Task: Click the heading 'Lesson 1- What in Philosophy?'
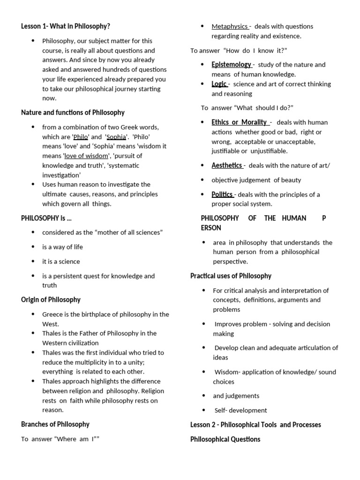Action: point(66,26)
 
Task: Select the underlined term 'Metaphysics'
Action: point(230,26)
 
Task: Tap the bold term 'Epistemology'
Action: point(232,65)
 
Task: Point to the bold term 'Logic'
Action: point(219,84)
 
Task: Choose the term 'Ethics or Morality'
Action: point(239,122)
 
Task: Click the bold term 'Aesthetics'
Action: point(227,165)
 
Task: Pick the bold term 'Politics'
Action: point(222,195)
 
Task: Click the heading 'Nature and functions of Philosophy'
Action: point(73,112)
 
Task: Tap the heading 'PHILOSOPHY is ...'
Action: point(46,218)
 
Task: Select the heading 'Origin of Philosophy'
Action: point(51,300)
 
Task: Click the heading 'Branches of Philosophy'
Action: point(55,424)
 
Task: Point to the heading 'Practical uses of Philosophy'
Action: point(231,276)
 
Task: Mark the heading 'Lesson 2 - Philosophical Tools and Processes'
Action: point(255,425)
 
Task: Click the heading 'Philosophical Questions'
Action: point(225,439)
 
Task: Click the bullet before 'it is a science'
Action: point(33,261)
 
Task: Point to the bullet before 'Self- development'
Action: point(203,410)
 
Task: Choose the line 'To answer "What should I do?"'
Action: point(247,108)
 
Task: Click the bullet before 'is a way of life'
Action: point(33,247)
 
